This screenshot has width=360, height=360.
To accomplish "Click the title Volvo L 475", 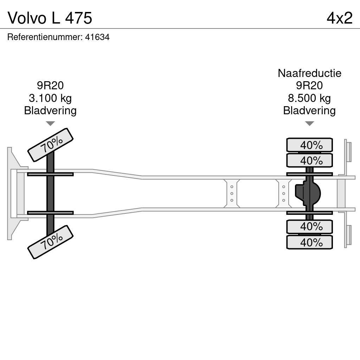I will pyautogui.click(x=50, y=18).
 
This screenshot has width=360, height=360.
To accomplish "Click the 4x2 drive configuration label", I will pyautogui.click(x=339, y=18).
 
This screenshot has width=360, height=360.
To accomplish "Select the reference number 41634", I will pyautogui.click(x=97, y=37).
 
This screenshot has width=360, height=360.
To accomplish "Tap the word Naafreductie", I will pyautogui.click(x=309, y=73).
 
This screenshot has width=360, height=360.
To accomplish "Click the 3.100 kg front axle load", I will pyautogui.click(x=50, y=98).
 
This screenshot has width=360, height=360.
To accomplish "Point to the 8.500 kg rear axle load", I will pyautogui.click(x=309, y=98).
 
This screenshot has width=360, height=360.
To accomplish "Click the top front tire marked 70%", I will pyautogui.click(x=50, y=144).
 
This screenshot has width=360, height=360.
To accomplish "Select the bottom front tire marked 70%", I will pyautogui.click(x=50, y=242).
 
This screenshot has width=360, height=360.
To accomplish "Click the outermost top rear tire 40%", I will pyautogui.click(x=309, y=145).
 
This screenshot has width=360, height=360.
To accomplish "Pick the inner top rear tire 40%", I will pyautogui.click(x=309, y=161).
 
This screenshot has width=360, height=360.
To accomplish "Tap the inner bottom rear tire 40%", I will pyautogui.click(x=309, y=226).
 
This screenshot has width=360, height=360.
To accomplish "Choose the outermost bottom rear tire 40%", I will pyautogui.click(x=309, y=243).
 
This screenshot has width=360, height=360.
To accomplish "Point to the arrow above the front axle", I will pyautogui.click(x=50, y=123).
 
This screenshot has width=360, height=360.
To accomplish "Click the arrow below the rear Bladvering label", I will pyautogui.click(x=309, y=123).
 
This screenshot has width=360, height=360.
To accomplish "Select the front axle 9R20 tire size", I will pyautogui.click(x=50, y=85).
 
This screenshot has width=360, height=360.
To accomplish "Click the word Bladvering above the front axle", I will pyautogui.click(x=50, y=111).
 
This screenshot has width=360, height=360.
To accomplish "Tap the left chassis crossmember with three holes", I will pyautogui.click(x=232, y=193).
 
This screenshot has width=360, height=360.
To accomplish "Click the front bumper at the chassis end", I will pyautogui.click(x=13, y=193).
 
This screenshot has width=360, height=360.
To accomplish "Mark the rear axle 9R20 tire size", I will pyautogui.click(x=309, y=85).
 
